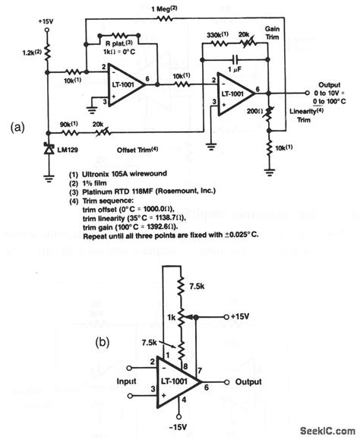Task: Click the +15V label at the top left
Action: [x=46, y=21]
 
